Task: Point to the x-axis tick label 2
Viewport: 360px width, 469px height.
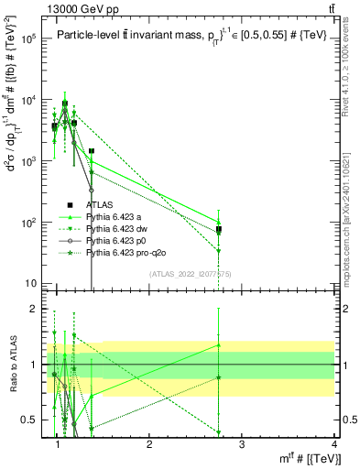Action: click(x=149, y=444)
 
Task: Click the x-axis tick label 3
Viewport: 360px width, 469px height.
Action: click(x=241, y=444)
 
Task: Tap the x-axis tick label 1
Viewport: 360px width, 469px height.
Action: click(x=59, y=444)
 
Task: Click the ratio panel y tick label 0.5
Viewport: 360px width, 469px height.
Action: click(x=33, y=420)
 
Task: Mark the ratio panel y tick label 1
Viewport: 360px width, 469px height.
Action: click(x=38, y=365)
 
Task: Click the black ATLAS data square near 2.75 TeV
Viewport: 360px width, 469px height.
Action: click(x=219, y=229)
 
